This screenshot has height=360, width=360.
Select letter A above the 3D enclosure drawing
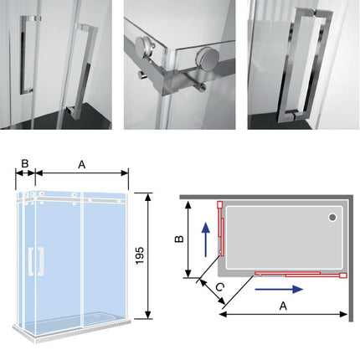(x=80, y=165)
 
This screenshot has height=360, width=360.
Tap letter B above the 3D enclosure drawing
(x=25, y=164)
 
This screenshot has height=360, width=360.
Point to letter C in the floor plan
(x=219, y=289)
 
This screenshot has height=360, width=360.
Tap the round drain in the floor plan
(x=333, y=219)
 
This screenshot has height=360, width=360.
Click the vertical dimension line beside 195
(x=147, y=255)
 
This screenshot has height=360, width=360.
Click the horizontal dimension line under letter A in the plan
(x=285, y=316)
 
